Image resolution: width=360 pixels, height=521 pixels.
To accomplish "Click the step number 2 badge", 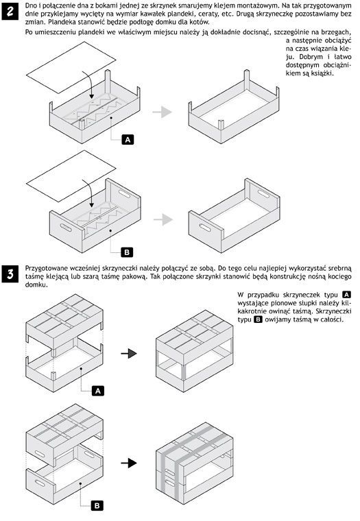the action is pos(10,11).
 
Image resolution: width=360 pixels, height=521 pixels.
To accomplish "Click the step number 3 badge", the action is pos(10,274).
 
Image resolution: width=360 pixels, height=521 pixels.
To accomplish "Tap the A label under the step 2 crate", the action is pos(128,140).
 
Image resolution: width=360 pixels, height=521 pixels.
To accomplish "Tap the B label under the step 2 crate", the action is pos(127,252).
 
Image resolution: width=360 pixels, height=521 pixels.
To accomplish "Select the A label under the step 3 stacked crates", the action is pos(98,391).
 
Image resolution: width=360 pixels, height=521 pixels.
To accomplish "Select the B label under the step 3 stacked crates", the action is pos(97,506).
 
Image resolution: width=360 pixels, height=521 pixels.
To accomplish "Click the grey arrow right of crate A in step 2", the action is pos(163,112).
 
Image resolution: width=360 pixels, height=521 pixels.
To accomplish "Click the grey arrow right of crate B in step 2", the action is pos(163,219).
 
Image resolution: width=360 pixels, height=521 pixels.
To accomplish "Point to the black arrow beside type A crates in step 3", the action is pos(129,354).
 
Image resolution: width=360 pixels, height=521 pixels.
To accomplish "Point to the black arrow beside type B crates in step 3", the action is pos(129,463).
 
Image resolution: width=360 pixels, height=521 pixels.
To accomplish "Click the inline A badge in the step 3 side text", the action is pos(347,295).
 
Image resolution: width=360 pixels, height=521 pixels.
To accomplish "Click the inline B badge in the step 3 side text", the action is pos(258,319).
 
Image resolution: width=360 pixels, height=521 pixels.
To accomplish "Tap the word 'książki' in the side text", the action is pos(322,73).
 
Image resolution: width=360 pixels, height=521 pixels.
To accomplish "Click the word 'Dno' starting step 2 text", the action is pos(31,5).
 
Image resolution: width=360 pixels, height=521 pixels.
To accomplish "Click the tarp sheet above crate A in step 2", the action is pos(71,67).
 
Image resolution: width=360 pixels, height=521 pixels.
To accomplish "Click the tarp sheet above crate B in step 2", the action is pos(71,176).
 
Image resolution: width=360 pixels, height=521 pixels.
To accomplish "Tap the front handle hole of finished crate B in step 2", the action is pos(205,228).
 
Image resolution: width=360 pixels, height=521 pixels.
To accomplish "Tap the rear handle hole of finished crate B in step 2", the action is pos(263,194).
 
